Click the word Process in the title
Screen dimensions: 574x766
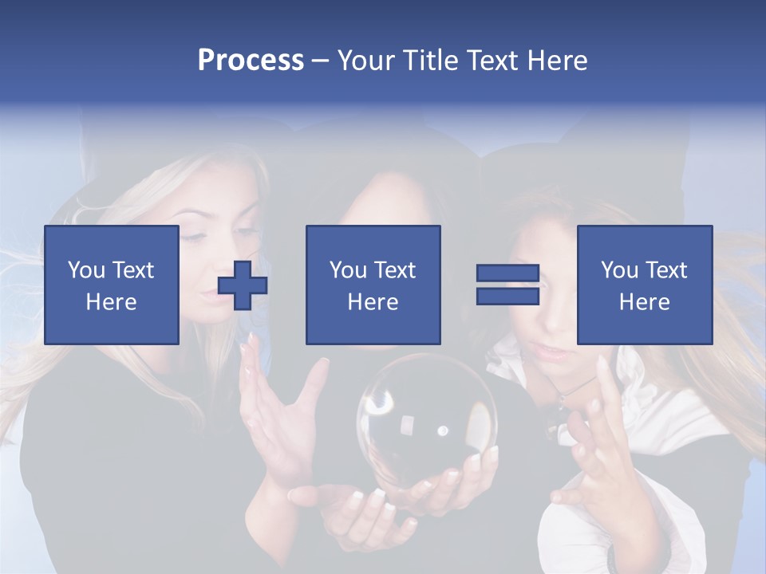(x=251, y=61)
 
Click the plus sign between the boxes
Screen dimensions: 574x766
(x=243, y=285)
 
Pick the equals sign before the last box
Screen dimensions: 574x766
(x=507, y=285)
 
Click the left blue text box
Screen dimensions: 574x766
(x=112, y=285)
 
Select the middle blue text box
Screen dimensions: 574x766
(x=373, y=285)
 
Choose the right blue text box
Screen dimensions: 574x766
(x=645, y=285)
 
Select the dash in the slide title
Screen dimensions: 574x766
(x=321, y=61)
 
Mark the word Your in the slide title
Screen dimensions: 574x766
(x=363, y=61)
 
